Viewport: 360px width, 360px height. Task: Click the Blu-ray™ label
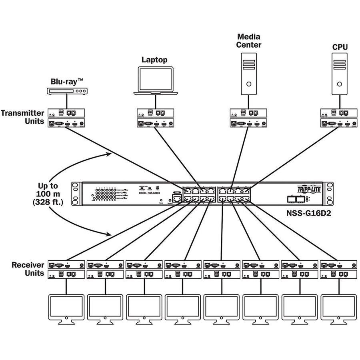[x=66, y=81]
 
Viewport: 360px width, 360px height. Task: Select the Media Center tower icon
[x=248, y=74]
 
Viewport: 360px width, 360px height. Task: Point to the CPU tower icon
[x=340, y=74]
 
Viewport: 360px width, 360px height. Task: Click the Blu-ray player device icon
[x=66, y=92]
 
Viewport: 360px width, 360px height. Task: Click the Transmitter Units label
[x=22, y=117]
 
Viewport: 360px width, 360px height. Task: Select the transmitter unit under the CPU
[x=339, y=118]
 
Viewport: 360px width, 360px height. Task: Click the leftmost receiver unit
[x=66, y=269]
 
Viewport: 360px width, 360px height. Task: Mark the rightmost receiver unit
[x=339, y=269]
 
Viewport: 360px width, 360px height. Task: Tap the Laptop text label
[x=154, y=60]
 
